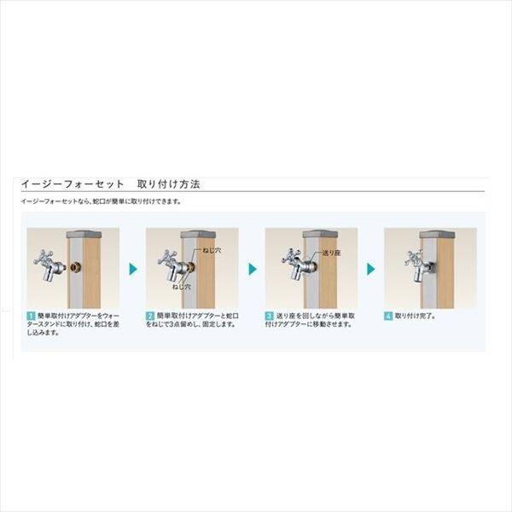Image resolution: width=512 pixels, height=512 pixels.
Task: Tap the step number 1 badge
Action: pyautogui.click(x=30, y=317)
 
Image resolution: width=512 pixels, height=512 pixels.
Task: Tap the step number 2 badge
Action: pyautogui.click(x=149, y=317)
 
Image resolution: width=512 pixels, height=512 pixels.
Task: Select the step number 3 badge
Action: pyautogui.click(x=269, y=317)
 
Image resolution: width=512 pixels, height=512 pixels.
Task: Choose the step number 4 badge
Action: pyautogui.click(x=388, y=317)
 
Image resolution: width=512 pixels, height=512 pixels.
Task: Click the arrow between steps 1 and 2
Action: pyautogui.click(x=133, y=269)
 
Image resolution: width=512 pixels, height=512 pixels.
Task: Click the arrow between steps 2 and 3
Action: pyautogui.click(x=253, y=269)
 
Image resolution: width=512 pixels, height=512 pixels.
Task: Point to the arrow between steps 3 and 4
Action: pyautogui.click(x=372, y=269)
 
